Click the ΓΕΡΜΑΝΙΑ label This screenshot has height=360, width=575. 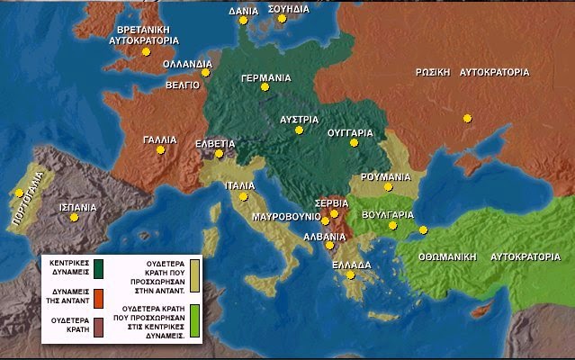pos(265,77)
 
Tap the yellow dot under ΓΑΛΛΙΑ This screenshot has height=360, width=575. pos(161,150)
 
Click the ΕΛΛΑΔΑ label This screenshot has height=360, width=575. pos(351,265)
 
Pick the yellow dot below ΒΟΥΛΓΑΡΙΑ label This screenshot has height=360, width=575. pos(392,226)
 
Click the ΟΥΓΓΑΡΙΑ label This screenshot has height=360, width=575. pos(350,132)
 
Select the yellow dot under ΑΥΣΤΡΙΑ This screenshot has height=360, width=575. pos(299,130)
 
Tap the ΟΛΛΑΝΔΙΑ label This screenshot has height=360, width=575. pos(188,65)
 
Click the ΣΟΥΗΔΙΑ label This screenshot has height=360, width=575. pos(288,8)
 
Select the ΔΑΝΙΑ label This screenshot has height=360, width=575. pos(243,12)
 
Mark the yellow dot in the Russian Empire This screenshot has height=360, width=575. pos(466,118)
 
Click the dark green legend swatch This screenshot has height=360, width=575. pos(98,267)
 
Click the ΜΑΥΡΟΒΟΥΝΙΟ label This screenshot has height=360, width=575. pos(284,217)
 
